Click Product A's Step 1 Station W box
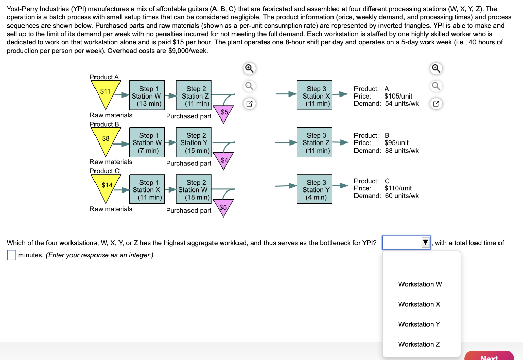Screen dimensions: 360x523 point(146,96)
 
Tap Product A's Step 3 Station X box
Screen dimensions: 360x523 point(317,96)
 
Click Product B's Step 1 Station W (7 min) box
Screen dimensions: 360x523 point(146,143)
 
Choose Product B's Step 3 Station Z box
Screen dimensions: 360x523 point(317,143)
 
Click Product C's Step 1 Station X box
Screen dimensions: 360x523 point(146,190)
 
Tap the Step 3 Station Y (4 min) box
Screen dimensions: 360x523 point(317,190)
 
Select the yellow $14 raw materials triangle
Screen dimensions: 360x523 point(106,186)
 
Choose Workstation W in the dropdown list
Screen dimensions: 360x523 point(420,284)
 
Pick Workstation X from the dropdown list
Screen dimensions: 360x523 point(419,304)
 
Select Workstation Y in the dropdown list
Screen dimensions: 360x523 point(419,324)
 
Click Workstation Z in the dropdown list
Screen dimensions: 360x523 point(419,344)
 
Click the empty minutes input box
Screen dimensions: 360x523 point(11,255)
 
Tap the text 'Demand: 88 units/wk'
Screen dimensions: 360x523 point(386,151)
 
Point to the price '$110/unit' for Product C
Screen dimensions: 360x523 point(398,188)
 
